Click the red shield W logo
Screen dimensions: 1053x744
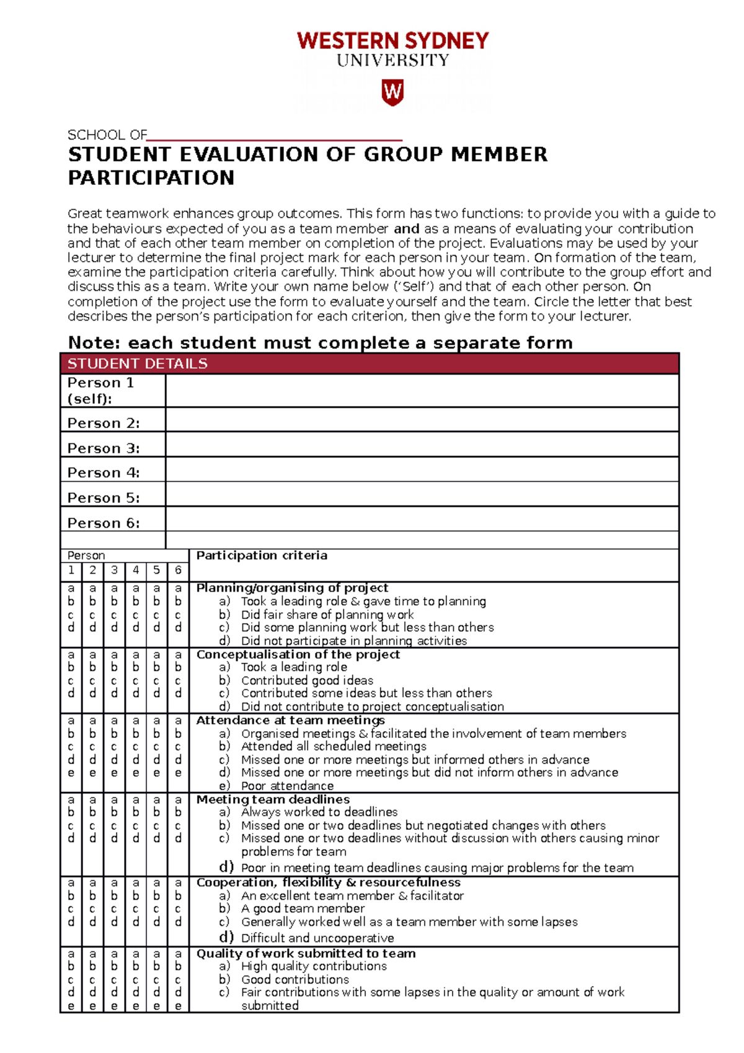(392, 92)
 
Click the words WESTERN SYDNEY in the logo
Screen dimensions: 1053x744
(392, 41)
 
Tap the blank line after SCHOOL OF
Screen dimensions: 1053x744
(275, 136)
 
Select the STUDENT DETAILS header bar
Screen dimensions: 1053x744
(370, 363)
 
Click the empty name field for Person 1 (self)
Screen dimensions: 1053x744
(422, 391)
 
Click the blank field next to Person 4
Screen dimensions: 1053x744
(422, 470)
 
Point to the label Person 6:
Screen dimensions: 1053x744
(104, 523)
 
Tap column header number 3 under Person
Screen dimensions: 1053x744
(114, 570)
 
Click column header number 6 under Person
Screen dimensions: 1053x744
(178, 570)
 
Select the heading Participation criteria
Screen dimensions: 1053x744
(262, 556)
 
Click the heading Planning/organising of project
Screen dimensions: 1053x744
(292, 587)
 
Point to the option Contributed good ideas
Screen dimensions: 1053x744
(307, 680)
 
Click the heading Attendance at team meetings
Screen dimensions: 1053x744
(290, 720)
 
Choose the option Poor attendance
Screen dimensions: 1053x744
(287, 786)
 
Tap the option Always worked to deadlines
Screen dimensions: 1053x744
(319, 812)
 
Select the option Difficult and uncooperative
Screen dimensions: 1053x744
(317, 938)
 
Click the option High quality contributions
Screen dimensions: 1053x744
(314, 966)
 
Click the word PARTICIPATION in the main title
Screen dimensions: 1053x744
(151, 178)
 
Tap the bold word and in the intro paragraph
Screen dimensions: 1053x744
(407, 229)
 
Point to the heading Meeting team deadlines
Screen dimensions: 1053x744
(273, 799)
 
